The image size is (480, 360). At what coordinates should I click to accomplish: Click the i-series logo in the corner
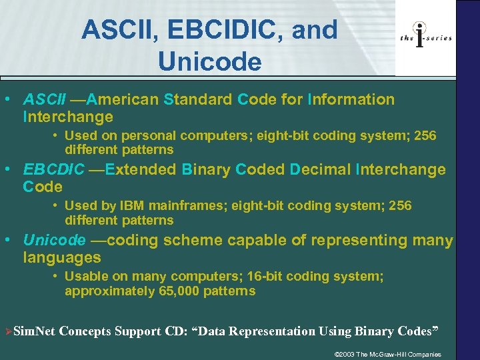pos(425,37)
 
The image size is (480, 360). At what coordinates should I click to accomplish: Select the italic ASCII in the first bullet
pos(45,100)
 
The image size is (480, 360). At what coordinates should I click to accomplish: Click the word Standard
pos(198,100)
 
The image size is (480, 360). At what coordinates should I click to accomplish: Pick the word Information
pos(351,100)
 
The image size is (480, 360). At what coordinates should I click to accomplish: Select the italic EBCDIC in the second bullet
pos(54,169)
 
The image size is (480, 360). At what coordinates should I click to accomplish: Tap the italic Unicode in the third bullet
pos(54,240)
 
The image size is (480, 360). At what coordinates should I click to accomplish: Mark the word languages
pos(62,257)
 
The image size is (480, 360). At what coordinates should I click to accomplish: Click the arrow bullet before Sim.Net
pos(8,331)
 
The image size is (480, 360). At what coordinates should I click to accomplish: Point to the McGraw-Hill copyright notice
pos(387,354)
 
